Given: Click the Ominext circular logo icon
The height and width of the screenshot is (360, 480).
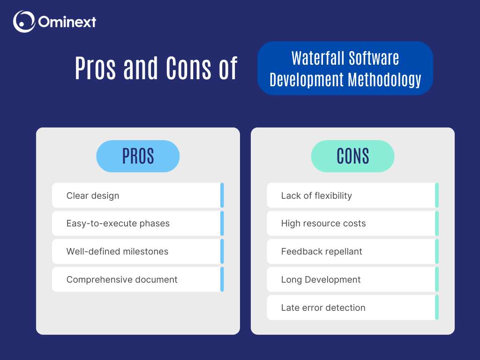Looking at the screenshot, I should pos(24,22).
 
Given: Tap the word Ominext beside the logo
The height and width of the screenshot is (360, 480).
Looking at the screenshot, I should pos(67,22).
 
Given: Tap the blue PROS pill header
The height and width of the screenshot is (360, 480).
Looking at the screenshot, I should pos(138,156).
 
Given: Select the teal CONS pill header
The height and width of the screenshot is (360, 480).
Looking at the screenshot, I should pos(352,156).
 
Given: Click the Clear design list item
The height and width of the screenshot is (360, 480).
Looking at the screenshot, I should pos(93,195).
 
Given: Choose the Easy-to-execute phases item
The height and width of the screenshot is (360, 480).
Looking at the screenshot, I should pos(118,224).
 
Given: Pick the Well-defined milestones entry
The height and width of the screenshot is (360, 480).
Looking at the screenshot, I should pos(117,252).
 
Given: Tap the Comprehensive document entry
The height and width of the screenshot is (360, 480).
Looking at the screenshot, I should pos(122,280).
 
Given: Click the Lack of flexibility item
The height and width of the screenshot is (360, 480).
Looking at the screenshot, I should pos(316,195).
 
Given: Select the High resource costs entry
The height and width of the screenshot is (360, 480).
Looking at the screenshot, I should pos(323,224).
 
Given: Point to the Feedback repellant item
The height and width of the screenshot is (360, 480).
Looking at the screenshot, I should pos(322,252).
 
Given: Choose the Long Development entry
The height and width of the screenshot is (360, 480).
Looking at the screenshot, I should pos(321,280).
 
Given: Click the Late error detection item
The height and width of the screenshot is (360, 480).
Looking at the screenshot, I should pos(323,308).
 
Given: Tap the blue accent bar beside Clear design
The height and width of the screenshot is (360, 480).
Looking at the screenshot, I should pos(222,195).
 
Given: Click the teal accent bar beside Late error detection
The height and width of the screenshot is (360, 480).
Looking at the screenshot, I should pos(437,308).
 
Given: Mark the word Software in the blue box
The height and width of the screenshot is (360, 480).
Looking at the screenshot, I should pos(374,58).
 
